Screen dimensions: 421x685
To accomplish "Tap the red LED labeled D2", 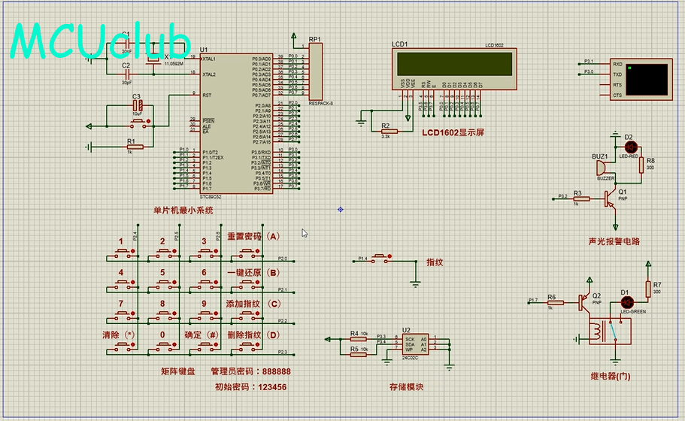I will [x=630, y=146].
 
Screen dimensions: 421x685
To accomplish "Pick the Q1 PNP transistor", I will [x=610, y=198].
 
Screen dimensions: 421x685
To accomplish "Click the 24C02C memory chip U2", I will [x=412, y=344].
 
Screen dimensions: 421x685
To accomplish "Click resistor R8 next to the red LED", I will [x=641, y=165].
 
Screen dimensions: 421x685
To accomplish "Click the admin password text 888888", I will [x=271, y=371].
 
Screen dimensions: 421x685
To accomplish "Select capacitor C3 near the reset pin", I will [x=137, y=106].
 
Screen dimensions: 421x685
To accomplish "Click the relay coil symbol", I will [x=598, y=329].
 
